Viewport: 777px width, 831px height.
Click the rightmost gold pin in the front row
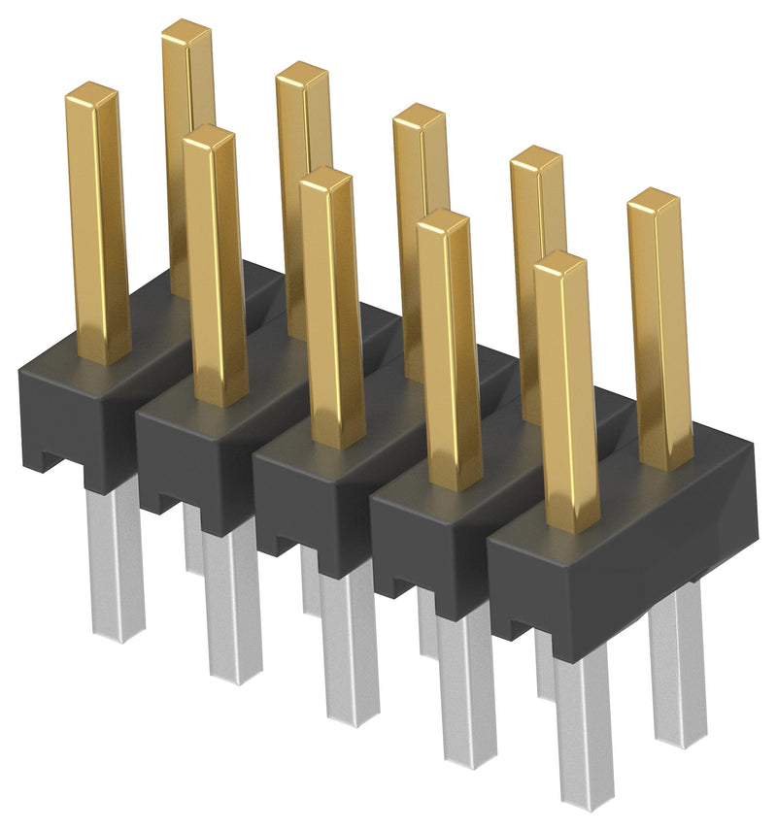pyautogui.click(x=566, y=388)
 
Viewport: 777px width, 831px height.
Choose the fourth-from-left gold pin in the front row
pyautogui.click(x=449, y=349)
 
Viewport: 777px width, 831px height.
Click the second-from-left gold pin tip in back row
pyautogui.click(x=301, y=75)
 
